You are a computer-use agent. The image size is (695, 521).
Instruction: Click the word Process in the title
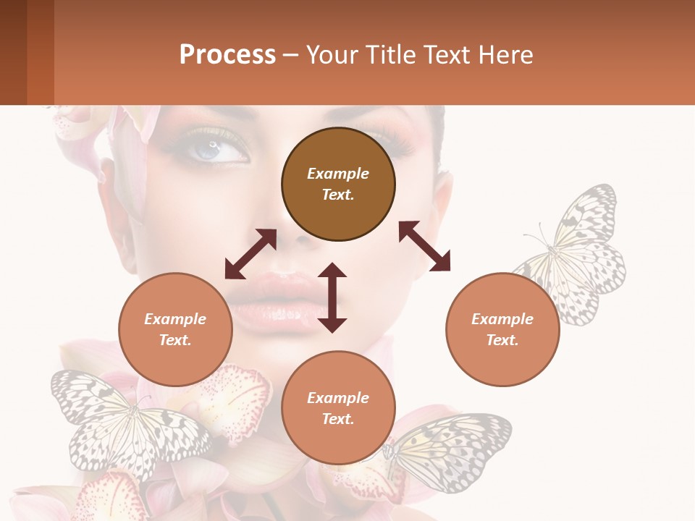tap(227, 55)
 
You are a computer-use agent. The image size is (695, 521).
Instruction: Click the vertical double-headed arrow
tap(332, 297)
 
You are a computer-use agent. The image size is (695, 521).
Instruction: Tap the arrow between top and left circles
tap(250, 253)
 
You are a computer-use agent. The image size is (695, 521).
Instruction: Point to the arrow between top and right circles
tap(424, 246)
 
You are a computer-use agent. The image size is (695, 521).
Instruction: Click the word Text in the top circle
tap(338, 195)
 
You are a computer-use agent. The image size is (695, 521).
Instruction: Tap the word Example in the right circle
tap(502, 319)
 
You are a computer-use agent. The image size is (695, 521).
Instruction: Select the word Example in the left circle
tap(175, 319)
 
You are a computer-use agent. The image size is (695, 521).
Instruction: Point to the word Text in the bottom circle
tap(338, 419)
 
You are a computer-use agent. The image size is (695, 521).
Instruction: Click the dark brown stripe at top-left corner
tap(13, 52)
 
